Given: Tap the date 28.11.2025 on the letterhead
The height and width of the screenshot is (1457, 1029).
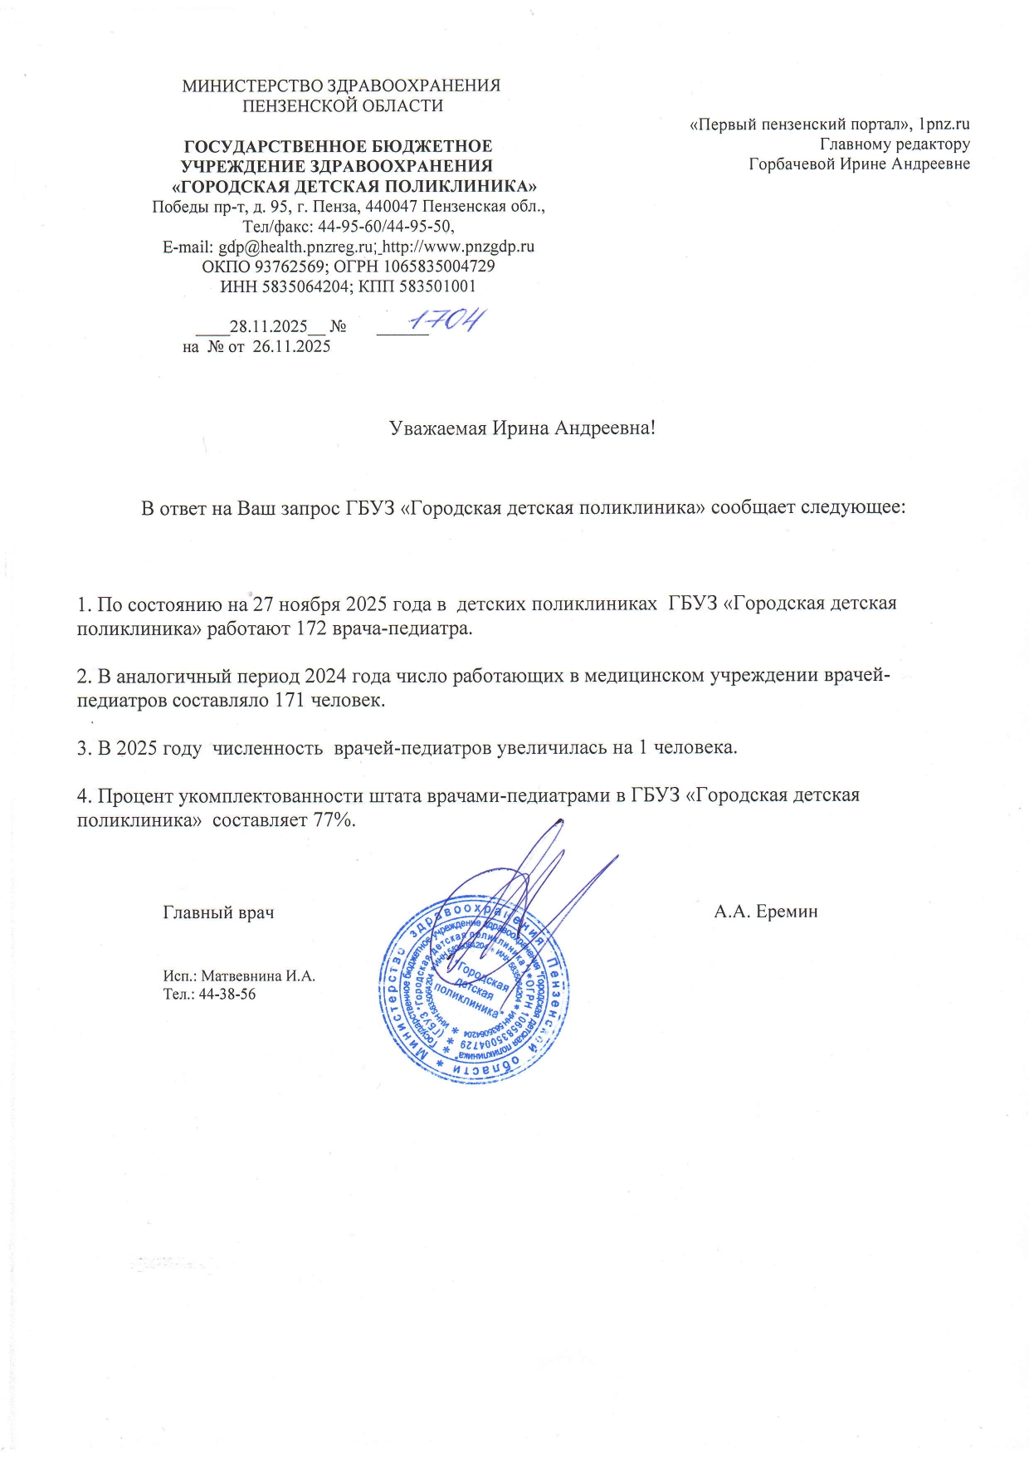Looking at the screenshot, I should pyautogui.click(x=268, y=326).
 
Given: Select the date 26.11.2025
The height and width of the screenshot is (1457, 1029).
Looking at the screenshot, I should pyautogui.click(x=290, y=347).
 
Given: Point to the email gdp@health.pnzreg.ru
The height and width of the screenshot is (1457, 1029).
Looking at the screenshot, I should pyautogui.click(x=294, y=247).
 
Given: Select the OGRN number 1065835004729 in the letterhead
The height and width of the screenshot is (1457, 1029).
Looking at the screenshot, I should pyautogui.click(x=440, y=266).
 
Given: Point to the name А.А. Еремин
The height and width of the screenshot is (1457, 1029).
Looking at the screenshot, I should pyautogui.click(x=765, y=912).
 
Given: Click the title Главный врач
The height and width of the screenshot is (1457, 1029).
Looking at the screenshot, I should pyautogui.click(x=218, y=912).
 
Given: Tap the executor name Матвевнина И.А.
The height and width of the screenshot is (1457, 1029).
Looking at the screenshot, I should pyautogui.click(x=258, y=975).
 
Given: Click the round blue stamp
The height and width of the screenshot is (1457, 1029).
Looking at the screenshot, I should pyautogui.click(x=475, y=989).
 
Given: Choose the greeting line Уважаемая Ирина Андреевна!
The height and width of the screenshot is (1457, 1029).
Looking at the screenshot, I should pyautogui.click(x=523, y=428).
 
